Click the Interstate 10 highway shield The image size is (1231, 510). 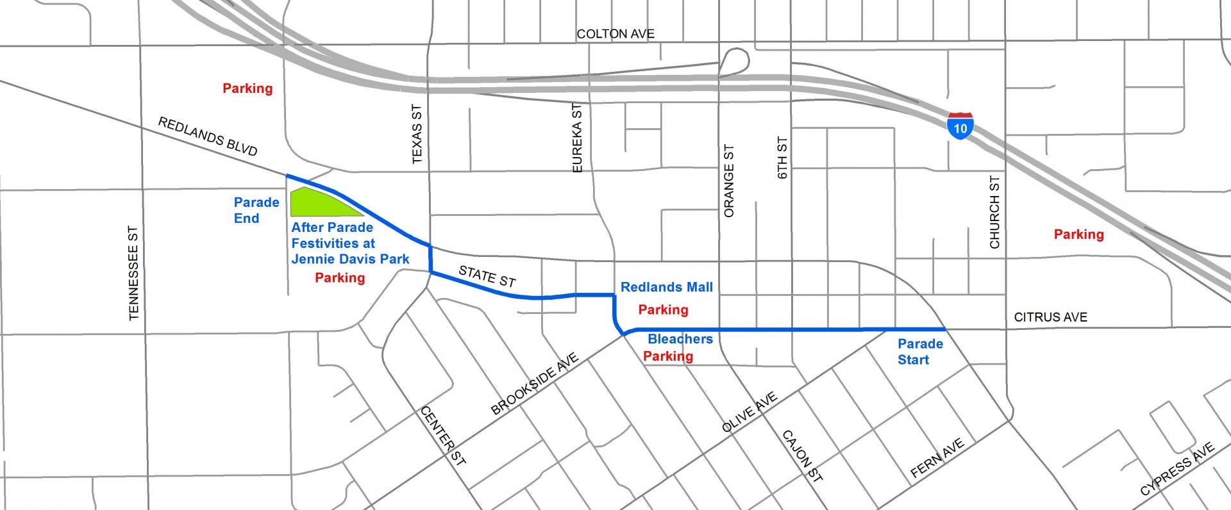pos(960,126)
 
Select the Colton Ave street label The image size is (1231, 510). pos(615,34)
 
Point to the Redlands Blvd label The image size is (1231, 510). pos(207,136)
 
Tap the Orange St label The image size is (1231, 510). pos(728,181)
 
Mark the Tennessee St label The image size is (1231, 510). pos(133,273)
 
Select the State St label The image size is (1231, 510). pos(487,276)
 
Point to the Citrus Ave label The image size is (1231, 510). pos(1050,317)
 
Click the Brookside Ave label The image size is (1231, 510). pos(534,384)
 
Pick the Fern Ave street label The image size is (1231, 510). pos(937,458)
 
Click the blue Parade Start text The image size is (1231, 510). pos(920,352)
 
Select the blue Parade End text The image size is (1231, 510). pos(256,210)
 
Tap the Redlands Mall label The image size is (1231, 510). pos(666,287)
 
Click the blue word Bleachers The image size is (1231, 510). pos(680,339)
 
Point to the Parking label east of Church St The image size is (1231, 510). pos(1078,234)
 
